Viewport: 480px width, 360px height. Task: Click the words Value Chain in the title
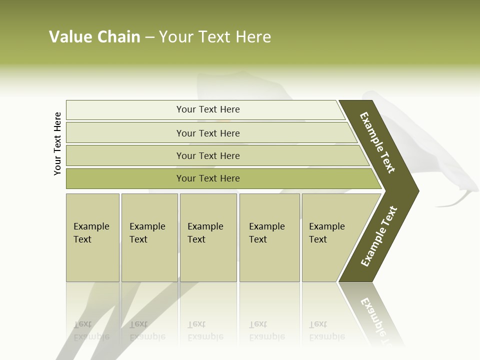pos(94,37)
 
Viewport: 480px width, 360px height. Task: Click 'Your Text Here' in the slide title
pos(215,37)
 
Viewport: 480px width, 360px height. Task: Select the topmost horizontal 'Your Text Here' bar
pos(208,109)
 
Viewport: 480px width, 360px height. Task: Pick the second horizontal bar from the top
pos(208,133)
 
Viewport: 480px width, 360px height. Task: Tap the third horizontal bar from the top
pos(208,155)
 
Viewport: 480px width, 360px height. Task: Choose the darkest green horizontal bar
pos(208,178)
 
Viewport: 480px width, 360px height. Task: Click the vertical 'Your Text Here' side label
pos(57,144)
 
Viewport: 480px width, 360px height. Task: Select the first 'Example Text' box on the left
pos(91,233)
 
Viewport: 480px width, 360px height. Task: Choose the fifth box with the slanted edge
pos(327,233)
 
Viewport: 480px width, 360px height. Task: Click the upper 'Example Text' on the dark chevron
pos(378,142)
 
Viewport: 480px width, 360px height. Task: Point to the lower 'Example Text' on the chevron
pos(379,236)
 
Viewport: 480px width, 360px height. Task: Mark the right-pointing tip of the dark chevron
pos(417,191)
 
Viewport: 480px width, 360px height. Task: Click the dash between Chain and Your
pos(149,37)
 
